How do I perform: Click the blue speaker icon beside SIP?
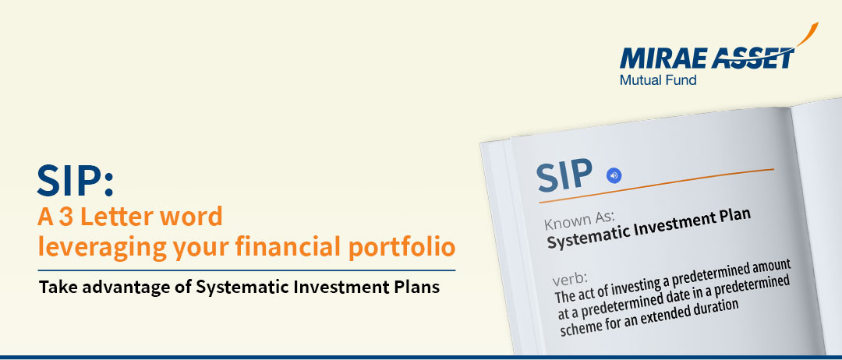pyautogui.click(x=614, y=175)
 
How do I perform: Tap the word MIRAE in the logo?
pyautogui.click(x=663, y=58)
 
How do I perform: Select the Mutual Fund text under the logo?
pyautogui.click(x=658, y=80)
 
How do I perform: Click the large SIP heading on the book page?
pyautogui.click(x=565, y=175)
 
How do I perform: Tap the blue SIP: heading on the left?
pyautogui.click(x=76, y=181)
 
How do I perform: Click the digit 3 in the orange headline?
pyautogui.click(x=65, y=217)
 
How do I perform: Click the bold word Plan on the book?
pyautogui.click(x=732, y=218)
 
